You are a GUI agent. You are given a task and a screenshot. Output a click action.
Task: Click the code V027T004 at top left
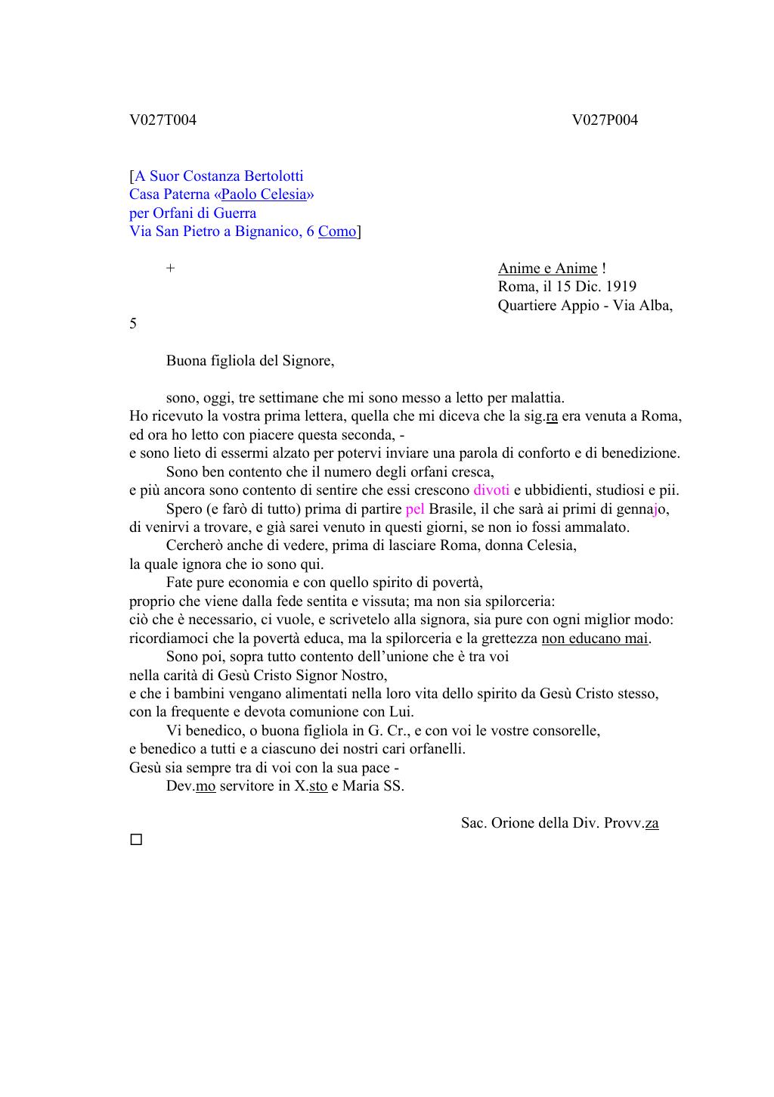click(x=163, y=120)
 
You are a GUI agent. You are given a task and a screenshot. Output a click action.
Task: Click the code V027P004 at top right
click(x=605, y=120)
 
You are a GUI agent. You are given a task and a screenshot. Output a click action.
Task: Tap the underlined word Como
click(x=337, y=232)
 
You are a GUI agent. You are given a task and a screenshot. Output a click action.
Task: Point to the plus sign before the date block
click(x=171, y=269)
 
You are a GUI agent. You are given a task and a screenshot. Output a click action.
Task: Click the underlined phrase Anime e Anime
click(x=547, y=269)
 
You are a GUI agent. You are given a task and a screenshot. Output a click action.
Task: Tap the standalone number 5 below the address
click(x=133, y=324)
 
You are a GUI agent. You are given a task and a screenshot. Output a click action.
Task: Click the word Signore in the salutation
click(x=308, y=361)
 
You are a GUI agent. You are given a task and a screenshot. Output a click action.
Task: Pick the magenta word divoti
click(x=491, y=490)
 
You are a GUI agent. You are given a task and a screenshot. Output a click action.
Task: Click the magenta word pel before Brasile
click(x=415, y=509)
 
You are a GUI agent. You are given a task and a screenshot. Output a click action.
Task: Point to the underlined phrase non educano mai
click(x=595, y=639)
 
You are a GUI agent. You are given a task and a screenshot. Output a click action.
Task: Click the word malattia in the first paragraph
click(x=537, y=398)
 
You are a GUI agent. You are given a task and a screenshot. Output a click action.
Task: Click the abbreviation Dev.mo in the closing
click(x=191, y=786)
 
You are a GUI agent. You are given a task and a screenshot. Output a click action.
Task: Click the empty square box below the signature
click(x=136, y=840)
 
